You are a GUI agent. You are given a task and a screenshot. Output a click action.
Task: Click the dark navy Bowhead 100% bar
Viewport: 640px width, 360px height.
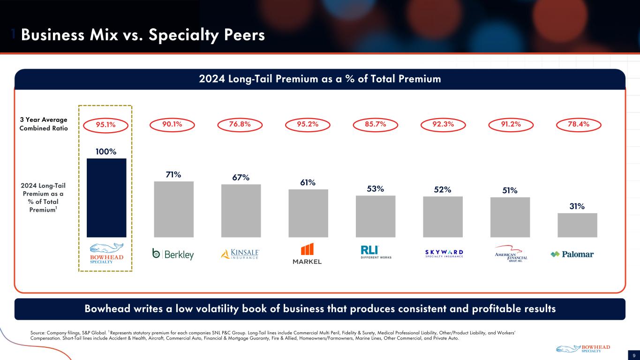coord(106,197)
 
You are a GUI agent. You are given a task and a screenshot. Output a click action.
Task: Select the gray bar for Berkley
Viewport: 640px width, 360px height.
coord(173,209)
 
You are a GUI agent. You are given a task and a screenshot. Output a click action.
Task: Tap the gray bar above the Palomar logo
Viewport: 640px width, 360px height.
coord(577,225)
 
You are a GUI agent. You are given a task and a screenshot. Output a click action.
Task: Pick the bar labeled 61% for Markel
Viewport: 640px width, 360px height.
coord(308,213)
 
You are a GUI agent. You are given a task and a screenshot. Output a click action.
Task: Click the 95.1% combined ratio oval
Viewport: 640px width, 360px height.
coord(106,124)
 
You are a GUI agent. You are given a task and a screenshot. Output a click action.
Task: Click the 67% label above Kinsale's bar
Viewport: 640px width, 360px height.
coord(241,178)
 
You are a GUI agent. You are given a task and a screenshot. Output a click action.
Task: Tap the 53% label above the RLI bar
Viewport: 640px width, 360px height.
coord(376,188)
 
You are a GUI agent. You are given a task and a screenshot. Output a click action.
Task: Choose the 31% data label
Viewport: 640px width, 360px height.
coord(577,206)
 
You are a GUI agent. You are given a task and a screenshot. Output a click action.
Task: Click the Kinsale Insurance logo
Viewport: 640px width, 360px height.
coord(241,254)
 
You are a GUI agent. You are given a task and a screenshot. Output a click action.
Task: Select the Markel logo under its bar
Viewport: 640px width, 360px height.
coord(308,254)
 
